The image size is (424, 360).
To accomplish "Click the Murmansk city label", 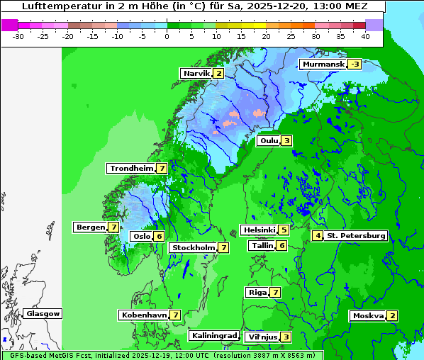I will [323, 64].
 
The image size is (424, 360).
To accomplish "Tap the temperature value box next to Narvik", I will [219, 73].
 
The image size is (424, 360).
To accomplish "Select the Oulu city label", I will [269, 140].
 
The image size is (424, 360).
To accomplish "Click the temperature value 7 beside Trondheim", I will [162, 169].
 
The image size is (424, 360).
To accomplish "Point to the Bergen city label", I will [90, 227].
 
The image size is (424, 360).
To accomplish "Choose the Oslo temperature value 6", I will [160, 237].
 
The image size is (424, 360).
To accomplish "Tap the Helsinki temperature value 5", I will [284, 230].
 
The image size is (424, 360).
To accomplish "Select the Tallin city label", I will [262, 246].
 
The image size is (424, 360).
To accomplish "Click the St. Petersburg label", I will [356, 235].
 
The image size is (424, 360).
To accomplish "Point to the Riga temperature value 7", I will [275, 293].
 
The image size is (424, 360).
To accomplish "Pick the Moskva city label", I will [368, 316].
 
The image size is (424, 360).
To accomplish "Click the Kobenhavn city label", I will [143, 315].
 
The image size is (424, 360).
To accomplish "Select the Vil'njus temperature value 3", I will [286, 337].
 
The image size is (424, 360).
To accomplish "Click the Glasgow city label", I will [43, 314].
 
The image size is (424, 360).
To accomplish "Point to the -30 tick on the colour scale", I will [18, 35].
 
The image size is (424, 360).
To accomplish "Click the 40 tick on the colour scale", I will [364, 35].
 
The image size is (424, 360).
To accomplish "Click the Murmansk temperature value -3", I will [352, 64].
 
